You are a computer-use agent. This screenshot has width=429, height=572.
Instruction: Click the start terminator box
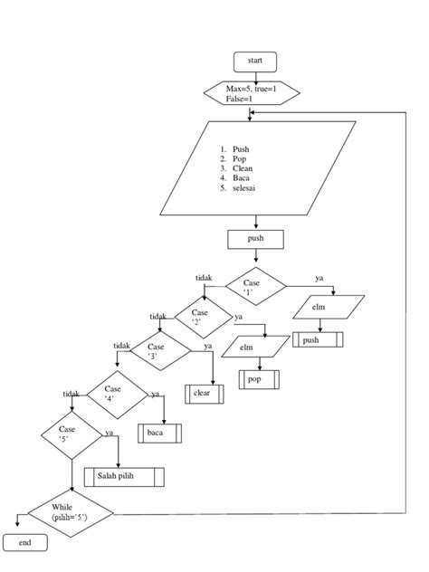[x=255, y=61]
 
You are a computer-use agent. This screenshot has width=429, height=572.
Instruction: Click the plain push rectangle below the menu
[x=256, y=239]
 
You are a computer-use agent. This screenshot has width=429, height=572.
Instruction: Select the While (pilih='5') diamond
[x=71, y=515]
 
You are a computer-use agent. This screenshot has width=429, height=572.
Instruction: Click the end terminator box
[x=25, y=542]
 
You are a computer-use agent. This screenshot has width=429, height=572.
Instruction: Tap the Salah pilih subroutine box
[x=124, y=476]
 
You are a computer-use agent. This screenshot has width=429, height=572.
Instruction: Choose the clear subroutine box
[x=203, y=394]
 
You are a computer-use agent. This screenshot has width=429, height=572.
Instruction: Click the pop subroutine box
[x=256, y=379]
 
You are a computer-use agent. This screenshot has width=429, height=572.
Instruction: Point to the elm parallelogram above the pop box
[x=247, y=347]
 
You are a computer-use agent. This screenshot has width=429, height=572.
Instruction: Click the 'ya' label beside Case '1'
[x=319, y=278]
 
